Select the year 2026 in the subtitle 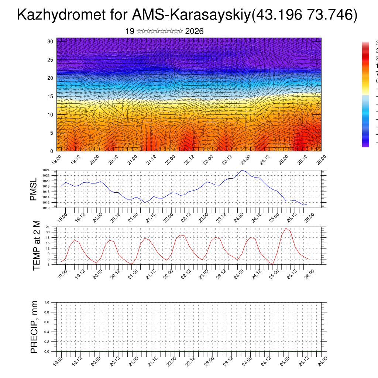[x=194, y=31]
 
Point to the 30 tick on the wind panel [x=51, y=41]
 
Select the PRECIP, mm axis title [x=34, y=327]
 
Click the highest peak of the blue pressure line [x=242, y=170]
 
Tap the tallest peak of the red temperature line [x=286, y=228]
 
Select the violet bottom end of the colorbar [x=365, y=145]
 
